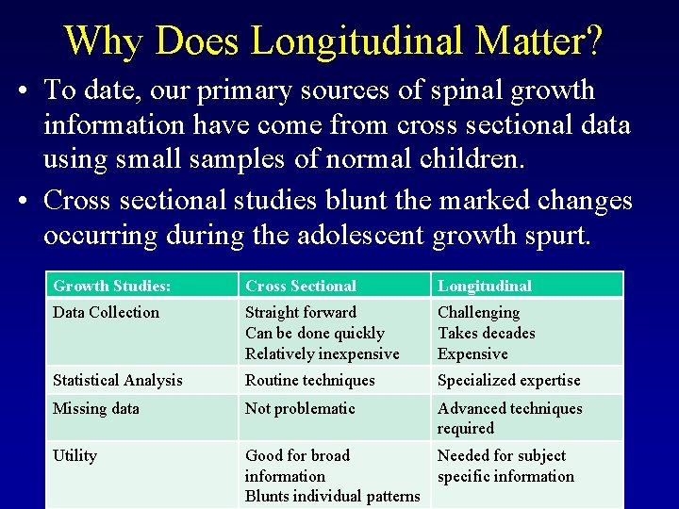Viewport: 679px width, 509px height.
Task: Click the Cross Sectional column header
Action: tap(301, 286)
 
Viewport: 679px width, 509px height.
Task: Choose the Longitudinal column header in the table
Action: tap(485, 286)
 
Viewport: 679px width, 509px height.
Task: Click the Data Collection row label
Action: tap(107, 312)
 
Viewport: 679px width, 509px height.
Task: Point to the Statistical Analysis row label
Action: tap(118, 380)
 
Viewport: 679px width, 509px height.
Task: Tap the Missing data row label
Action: tap(96, 408)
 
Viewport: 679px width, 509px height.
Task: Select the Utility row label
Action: tap(75, 455)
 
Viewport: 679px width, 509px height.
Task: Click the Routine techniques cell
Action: tap(310, 380)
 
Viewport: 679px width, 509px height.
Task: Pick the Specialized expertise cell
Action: tap(509, 380)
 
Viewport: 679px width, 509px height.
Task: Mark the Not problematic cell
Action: tap(300, 408)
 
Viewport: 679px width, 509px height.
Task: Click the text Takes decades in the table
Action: tap(487, 333)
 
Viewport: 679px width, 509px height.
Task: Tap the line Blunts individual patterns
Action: tap(332, 496)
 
